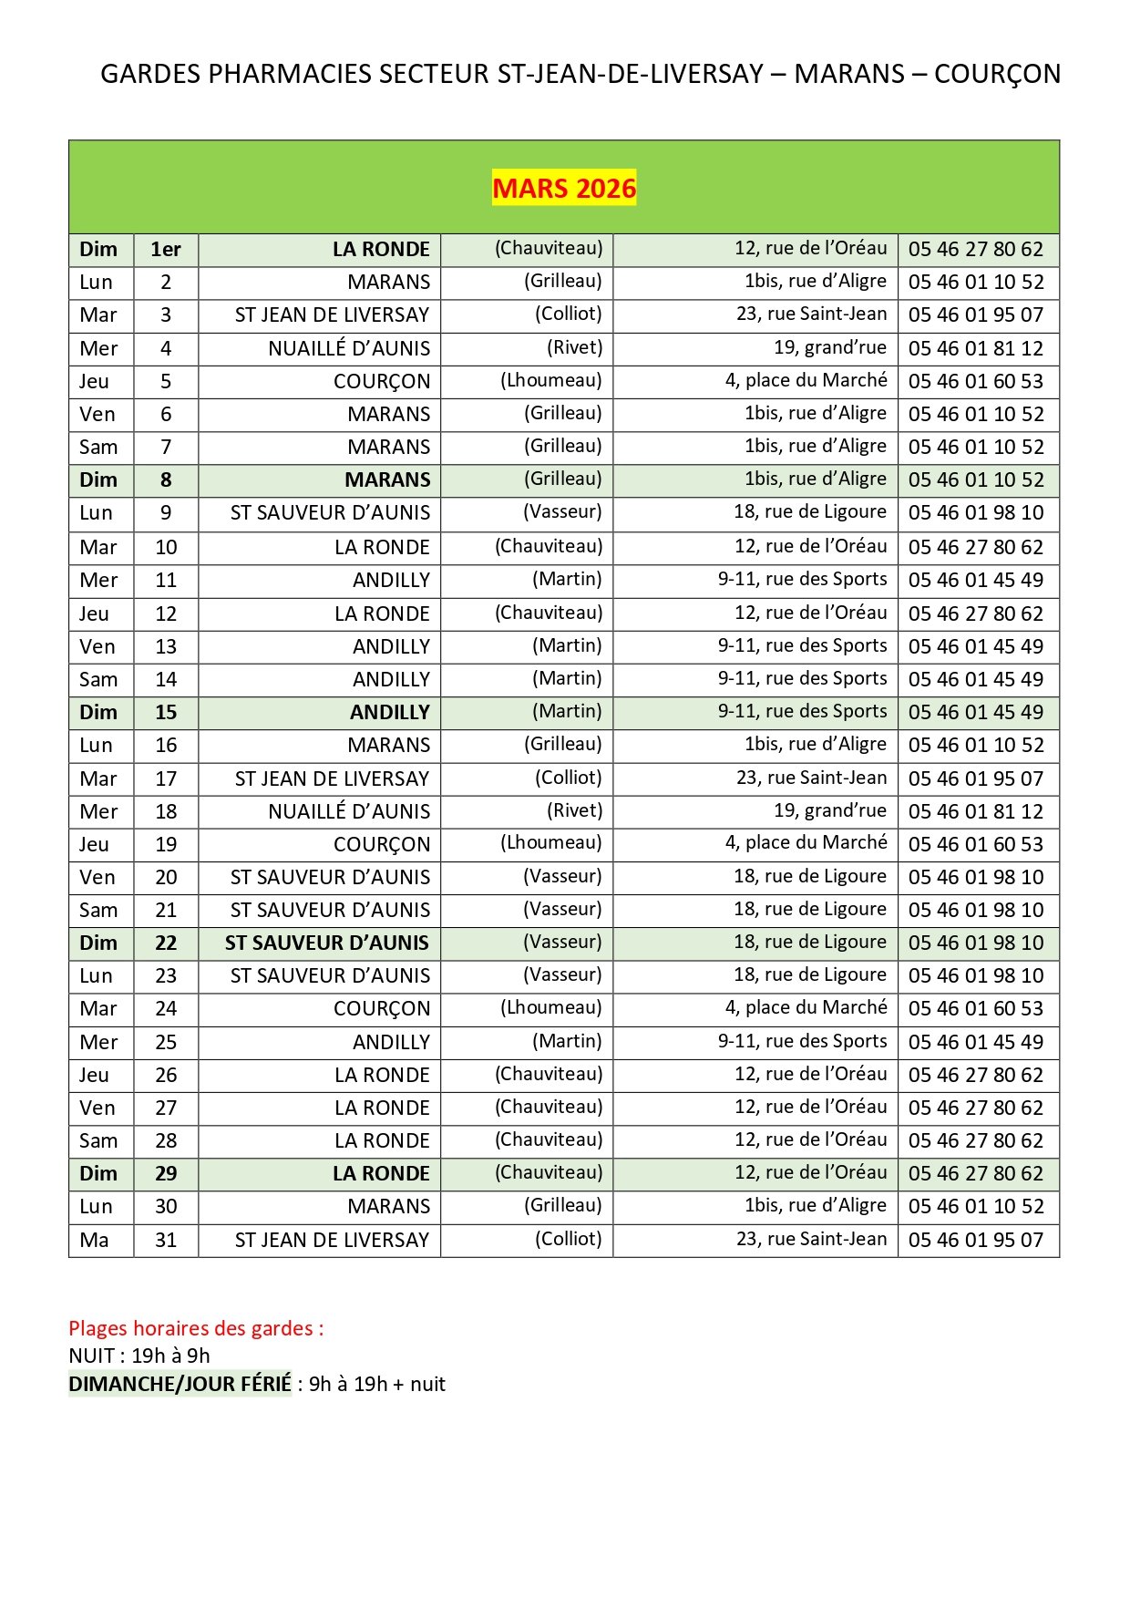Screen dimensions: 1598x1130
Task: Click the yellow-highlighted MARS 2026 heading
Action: point(564,188)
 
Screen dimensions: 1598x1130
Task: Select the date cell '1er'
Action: point(166,250)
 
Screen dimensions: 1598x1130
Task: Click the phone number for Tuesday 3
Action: point(975,315)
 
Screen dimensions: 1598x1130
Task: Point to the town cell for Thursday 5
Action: point(381,382)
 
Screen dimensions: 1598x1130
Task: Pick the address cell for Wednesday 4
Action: point(829,348)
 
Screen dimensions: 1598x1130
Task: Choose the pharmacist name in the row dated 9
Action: point(562,512)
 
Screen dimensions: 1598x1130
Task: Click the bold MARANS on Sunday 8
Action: point(387,480)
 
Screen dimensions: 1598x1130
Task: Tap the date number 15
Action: point(166,713)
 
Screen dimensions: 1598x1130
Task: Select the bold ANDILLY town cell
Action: point(389,713)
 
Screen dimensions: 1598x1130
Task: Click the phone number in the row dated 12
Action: point(975,614)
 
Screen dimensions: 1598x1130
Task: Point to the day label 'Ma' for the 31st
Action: point(95,1241)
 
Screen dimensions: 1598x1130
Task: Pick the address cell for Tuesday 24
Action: point(806,1008)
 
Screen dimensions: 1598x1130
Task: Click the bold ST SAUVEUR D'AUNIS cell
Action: point(327,943)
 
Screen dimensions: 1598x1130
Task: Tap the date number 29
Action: point(166,1174)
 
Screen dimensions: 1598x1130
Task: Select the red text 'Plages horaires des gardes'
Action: point(196,1328)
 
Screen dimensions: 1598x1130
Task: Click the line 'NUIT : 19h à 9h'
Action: point(139,1356)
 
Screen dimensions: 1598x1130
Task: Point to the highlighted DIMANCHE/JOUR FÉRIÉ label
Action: point(180,1384)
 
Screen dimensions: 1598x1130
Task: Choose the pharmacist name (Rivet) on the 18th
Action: point(574,811)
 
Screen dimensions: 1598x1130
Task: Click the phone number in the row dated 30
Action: point(975,1207)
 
